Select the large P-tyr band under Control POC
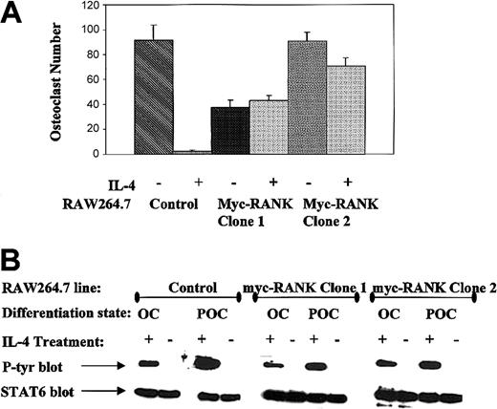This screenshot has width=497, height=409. [210, 363]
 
